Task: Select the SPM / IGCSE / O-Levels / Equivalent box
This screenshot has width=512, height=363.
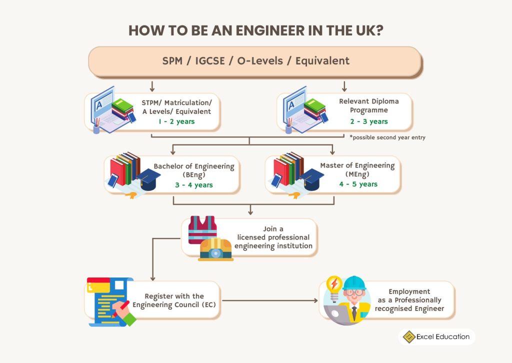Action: (255, 61)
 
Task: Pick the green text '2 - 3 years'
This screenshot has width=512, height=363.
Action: (369, 121)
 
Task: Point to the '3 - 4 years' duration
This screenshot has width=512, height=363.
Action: (194, 185)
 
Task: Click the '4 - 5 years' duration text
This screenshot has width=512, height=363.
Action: (358, 184)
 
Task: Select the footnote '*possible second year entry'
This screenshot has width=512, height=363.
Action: (387, 137)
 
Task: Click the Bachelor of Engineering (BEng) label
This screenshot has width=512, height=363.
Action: (194, 170)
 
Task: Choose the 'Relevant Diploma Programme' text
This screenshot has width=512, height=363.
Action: (369, 105)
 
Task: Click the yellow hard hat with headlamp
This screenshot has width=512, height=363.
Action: (216, 249)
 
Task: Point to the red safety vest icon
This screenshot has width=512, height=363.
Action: (202, 229)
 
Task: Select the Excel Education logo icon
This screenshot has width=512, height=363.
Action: (409, 337)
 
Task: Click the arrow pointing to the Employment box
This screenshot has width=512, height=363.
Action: (315, 300)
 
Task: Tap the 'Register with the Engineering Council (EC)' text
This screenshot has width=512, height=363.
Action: (174, 300)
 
